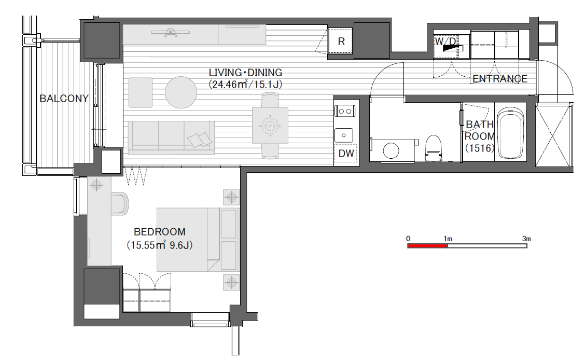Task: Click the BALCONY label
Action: click(64, 99)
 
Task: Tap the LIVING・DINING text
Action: click(245, 73)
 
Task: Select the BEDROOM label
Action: click(160, 232)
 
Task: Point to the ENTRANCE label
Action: click(500, 79)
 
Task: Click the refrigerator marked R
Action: click(341, 41)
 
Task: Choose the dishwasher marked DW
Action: click(346, 153)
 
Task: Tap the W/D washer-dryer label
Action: click(445, 41)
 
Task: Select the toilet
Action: click(434, 148)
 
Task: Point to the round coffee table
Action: click(181, 92)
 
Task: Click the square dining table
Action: click(270, 125)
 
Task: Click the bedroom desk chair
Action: click(121, 204)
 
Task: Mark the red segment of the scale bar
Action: click(427, 245)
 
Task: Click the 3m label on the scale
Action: click(526, 239)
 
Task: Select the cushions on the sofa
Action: click(200, 140)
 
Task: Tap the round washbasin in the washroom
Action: click(391, 151)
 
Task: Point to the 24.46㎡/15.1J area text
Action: click(245, 85)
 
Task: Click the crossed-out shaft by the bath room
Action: click(553, 136)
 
